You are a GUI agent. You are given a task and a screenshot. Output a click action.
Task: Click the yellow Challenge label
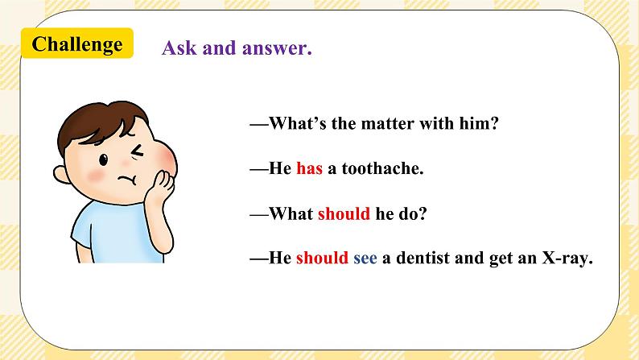click(77, 44)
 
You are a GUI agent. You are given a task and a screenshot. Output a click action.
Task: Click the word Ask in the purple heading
click(177, 48)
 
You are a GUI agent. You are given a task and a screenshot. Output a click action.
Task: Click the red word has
click(309, 169)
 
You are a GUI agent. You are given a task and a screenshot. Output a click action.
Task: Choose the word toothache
click(382, 169)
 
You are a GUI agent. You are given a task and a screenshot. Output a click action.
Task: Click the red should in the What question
click(344, 214)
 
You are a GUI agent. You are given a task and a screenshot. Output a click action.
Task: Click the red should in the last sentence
click(322, 259)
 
